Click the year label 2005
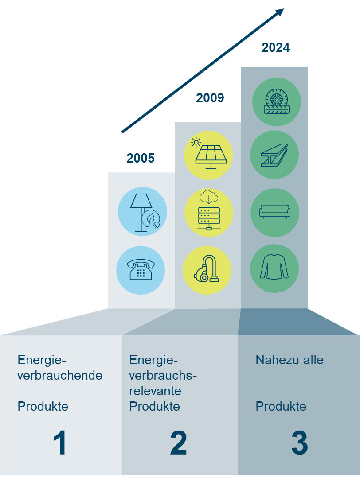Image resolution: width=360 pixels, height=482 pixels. click(141, 158)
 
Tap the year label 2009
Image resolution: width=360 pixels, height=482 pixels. click(210, 98)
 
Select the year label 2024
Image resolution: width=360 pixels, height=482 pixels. click(275, 47)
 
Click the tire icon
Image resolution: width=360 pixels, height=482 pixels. click(277, 102)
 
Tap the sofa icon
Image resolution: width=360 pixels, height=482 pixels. click(275, 212)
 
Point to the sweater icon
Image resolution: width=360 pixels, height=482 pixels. click(274, 268)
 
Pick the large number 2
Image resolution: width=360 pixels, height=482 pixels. click(178, 443)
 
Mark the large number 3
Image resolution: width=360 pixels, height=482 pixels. click(300, 443)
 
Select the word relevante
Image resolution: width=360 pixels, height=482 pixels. click(155, 391)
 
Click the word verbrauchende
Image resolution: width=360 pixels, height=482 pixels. click(60, 375)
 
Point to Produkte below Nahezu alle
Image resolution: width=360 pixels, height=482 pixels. click(281, 406)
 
